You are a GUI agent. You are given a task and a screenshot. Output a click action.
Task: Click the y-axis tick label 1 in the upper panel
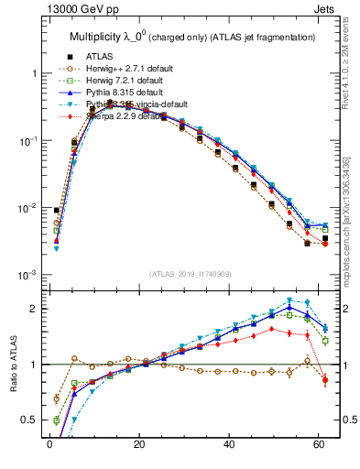click(x=34, y=73)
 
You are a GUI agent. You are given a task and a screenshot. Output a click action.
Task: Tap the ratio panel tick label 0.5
click(x=29, y=420)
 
